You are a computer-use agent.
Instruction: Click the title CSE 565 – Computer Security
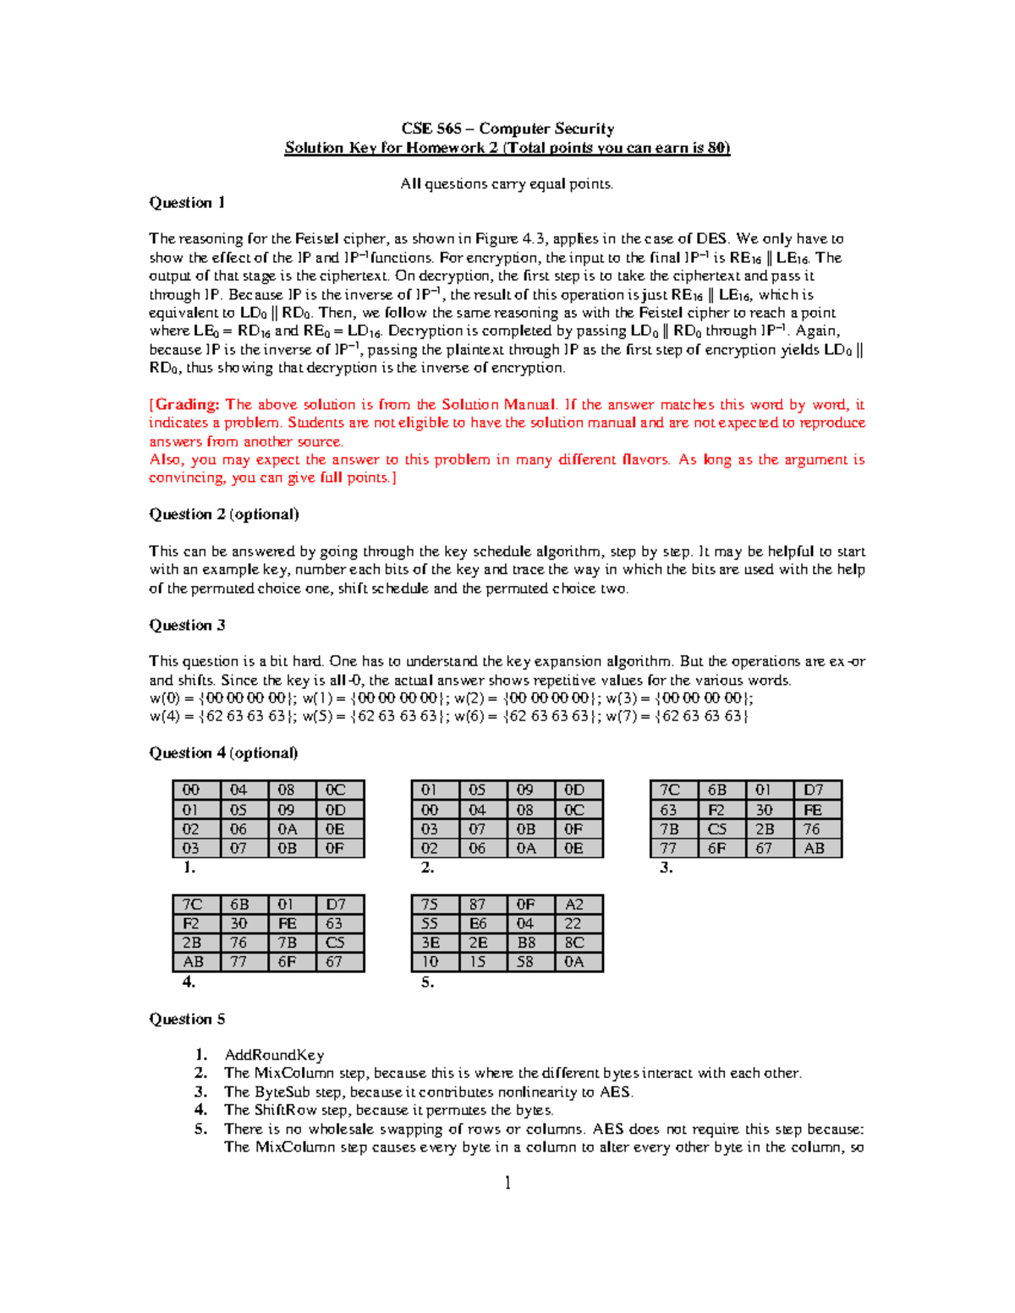point(507,129)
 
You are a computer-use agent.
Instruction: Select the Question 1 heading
point(187,202)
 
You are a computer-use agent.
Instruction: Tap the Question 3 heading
point(187,625)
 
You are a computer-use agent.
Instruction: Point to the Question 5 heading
point(187,1019)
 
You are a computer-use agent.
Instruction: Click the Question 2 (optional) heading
point(223,514)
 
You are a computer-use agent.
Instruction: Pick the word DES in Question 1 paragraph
point(711,238)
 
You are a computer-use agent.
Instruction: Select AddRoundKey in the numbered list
point(274,1054)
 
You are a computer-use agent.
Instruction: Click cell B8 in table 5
point(526,943)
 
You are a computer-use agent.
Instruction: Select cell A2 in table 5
point(574,905)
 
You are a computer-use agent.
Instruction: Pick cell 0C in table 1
point(336,790)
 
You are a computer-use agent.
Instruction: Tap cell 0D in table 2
point(574,790)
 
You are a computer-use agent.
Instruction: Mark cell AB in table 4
point(193,962)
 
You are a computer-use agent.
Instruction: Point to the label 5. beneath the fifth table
point(427,982)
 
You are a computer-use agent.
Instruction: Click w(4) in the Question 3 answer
point(164,716)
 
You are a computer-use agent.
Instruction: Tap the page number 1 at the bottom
point(507,1183)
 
